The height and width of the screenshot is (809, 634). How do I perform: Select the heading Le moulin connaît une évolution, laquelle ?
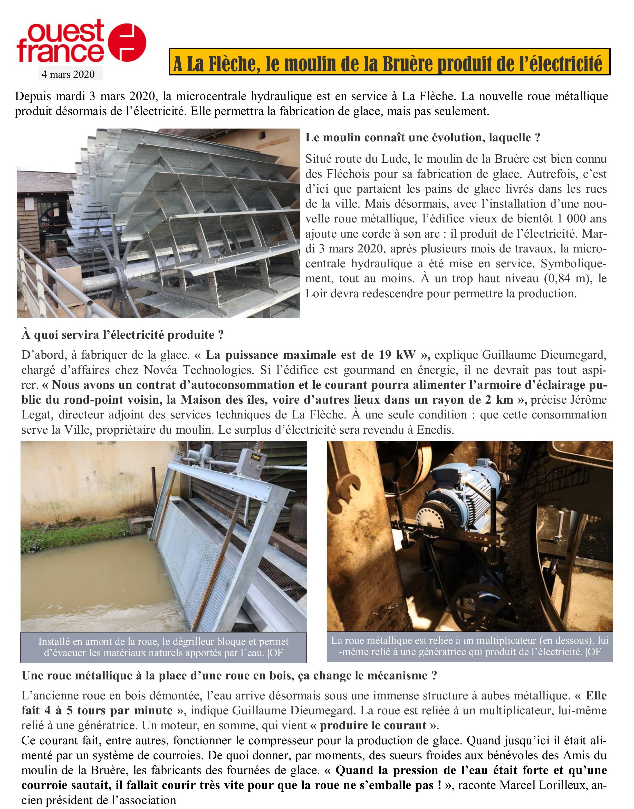pyautogui.click(x=422, y=138)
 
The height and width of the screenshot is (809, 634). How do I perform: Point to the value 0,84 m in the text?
pyautogui.click(x=565, y=279)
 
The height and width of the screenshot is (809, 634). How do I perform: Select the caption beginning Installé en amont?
pyautogui.click(x=163, y=647)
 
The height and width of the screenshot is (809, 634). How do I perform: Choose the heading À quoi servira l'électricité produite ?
pyautogui.click(x=122, y=335)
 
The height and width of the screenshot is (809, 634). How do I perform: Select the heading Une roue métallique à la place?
pyautogui.click(x=229, y=676)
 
